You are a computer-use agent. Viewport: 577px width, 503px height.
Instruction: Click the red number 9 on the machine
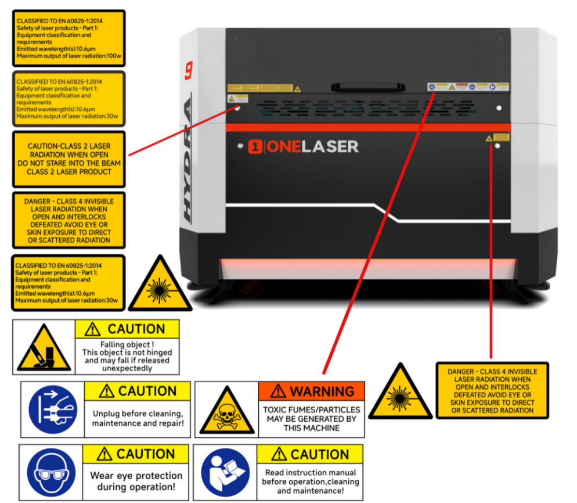pyautogui.click(x=189, y=70)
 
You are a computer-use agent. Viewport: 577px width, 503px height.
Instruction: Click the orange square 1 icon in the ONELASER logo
pyautogui.click(x=255, y=147)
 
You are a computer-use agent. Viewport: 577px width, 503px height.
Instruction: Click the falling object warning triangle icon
pyautogui.click(x=44, y=348)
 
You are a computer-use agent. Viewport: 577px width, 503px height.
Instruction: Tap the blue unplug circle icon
pyautogui.click(x=52, y=409)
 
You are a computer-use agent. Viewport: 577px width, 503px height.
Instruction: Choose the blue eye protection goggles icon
pyautogui.click(x=49, y=472)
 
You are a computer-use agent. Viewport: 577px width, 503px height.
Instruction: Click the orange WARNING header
pyautogui.click(x=312, y=391)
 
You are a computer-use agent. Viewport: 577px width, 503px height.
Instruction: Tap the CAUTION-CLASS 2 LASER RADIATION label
pyautogui.click(x=69, y=159)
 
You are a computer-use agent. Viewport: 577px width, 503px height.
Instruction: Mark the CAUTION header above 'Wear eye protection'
pyautogui.click(x=136, y=454)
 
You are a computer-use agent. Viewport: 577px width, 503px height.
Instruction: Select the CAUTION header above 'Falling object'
pyautogui.click(x=128, y=329)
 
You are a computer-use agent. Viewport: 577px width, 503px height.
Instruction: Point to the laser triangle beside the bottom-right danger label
pyautogui.click(x=401, y=393)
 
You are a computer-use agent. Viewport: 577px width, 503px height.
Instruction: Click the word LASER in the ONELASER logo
pyautogui.click(x=330, y=147)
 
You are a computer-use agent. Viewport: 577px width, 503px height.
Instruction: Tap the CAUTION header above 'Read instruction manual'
pyautogui.click(x=310, y=454)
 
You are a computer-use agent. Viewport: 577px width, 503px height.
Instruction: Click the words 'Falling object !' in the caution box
pyautogui.click(x=127, y=344)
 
